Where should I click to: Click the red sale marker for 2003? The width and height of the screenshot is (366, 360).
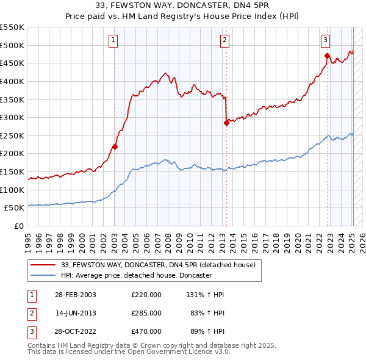click(x=115, y=146)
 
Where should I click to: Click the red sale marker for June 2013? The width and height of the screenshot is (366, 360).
click(x=226, y=123)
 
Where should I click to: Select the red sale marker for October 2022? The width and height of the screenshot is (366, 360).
click(x=327, y=56)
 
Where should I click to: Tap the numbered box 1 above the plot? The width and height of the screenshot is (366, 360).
click(x=113, y=40)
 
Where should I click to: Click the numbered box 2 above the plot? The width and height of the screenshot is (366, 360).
click(x=225, y=40)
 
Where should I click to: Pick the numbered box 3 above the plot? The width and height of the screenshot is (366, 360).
click(x=326, y=40)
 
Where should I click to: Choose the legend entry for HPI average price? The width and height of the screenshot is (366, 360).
click(x=136, y=276)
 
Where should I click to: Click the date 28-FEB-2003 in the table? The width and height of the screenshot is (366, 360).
click(x=76, y=295)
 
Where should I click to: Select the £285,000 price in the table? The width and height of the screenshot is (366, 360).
click(x=146, y=313)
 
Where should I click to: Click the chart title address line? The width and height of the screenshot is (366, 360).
click(x=183, y=7)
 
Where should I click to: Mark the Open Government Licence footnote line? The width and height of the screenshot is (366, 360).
click(x=129, y=352)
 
